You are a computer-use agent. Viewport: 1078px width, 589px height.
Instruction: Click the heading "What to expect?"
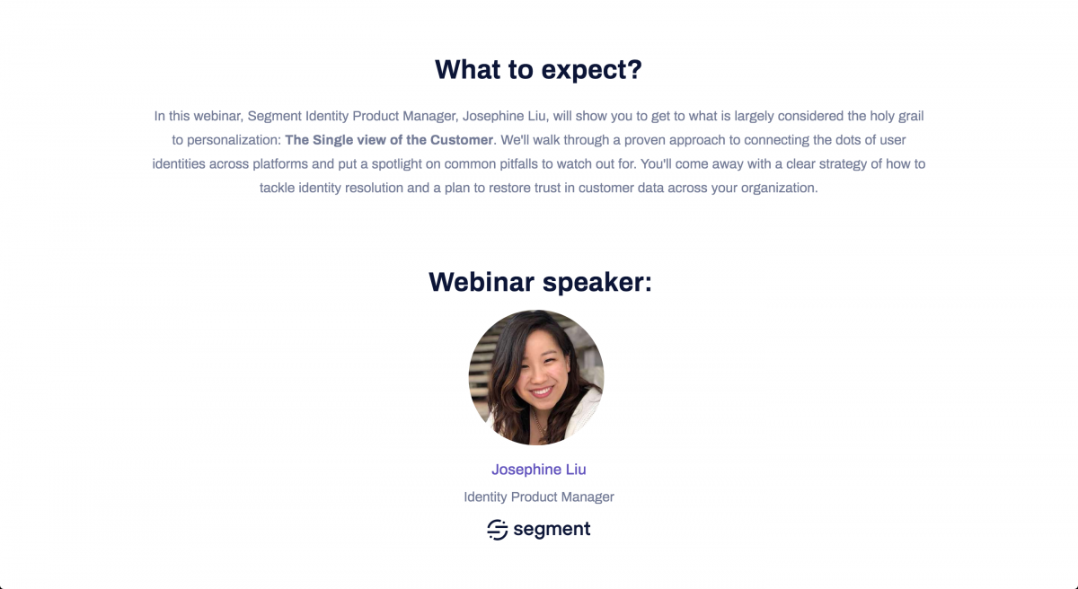[x=538, y=70]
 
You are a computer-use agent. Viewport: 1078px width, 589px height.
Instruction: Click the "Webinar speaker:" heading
[x=540, y=282]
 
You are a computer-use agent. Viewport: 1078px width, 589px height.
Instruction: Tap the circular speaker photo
[x=536, y=377]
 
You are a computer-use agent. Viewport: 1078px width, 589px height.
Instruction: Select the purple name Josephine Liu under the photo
[x=538, y=470]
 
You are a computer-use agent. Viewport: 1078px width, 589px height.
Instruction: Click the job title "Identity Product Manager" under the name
[x=538, y=497]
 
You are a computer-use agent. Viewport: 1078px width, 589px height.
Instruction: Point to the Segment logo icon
[x=497, y=530]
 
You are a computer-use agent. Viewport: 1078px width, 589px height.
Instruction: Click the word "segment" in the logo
[x=552, y=529]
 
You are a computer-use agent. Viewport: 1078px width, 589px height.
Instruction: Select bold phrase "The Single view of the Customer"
[x=389, y=140]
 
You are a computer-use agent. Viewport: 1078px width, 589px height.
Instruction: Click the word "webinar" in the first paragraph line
[x=217, y=116]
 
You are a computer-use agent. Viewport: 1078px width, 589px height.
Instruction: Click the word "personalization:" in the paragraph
[x=234, y=140]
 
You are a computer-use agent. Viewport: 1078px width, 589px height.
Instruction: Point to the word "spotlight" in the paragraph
[x=396, y=164]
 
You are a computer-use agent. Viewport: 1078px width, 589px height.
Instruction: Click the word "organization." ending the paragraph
[x=779, y=188]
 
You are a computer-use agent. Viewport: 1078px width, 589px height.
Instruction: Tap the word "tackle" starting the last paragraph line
[x=278, y=188]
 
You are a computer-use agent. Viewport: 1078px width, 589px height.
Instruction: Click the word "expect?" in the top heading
[x=592, y=71]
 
